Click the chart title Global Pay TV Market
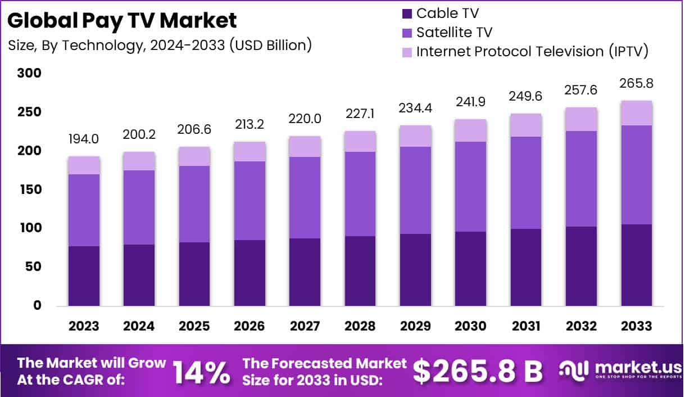(122, 21)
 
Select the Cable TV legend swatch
(407, 13)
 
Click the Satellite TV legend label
(454, 32)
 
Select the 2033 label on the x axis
(637, 327)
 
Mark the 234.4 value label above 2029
(416, 107)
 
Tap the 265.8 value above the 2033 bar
(637, 83)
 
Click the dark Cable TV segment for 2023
(84, 276)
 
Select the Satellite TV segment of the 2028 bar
(360, 193)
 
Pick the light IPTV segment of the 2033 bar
(637, 113)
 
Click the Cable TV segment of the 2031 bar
(526, 267)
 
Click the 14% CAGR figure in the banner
(201, 371)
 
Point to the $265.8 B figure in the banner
(478, 371)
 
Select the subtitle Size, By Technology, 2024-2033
(160, 45)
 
